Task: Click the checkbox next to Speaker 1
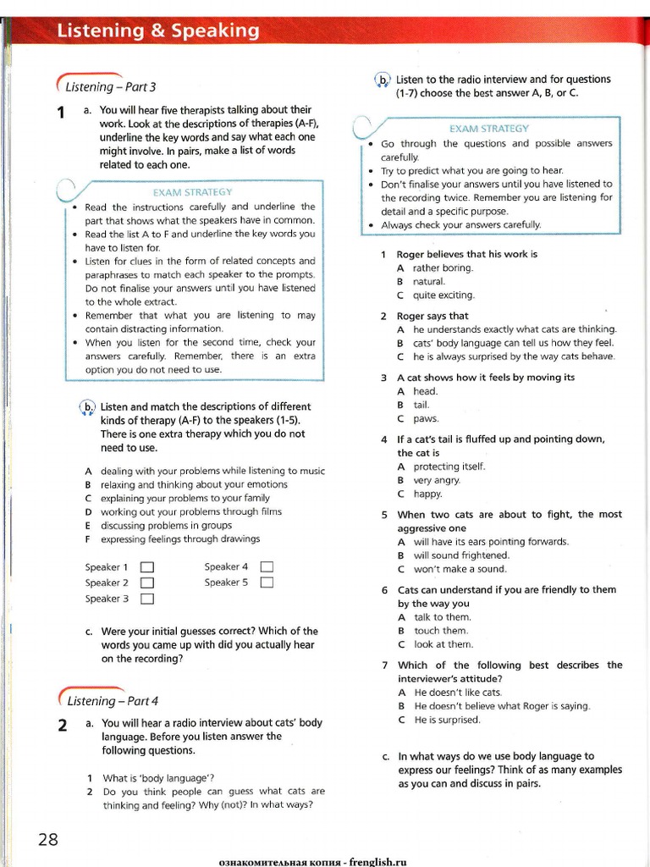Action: click(146, 567)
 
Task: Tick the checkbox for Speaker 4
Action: click(267, 566)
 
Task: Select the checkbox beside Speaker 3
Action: click(146, 599)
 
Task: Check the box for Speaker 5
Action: click(267, 583)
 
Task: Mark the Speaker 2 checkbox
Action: click(146, 583)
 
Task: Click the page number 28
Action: click(47, 839)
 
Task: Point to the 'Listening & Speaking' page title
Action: click(157, 31)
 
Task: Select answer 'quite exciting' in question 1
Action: click(443, 295)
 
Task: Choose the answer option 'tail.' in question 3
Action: click(421, 405)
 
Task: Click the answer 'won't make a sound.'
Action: click(460, 569)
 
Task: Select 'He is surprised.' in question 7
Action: click(447, 720)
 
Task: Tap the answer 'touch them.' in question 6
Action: click(440, 631)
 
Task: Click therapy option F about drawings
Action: click(179, 539)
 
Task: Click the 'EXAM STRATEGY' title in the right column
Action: click(488, 129)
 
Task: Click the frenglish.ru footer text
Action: click(313, 861)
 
